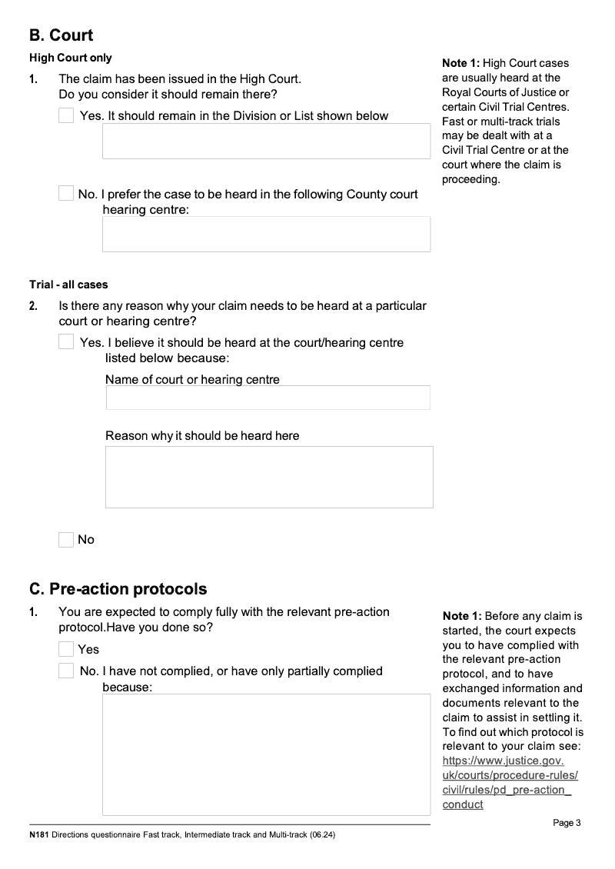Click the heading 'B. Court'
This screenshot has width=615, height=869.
[x=61, y=35]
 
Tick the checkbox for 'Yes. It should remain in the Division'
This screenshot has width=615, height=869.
[x=66, y=115]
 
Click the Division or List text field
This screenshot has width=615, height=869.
[x=266, y=142]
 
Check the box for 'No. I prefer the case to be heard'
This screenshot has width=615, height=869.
[x=66, y=194]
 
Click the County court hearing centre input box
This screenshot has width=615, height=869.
[x=266, y=234]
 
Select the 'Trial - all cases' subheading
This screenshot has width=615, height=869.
[x=68, y=285]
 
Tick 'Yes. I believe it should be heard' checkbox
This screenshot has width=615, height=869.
[x=66, y=342]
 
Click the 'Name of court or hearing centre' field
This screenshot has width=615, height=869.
[x=268, y=398]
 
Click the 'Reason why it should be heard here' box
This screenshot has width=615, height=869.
[x=269, y=477]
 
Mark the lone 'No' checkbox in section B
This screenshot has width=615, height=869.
[x=66, y=540]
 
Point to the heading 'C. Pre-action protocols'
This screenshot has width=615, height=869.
[x=118, y=589]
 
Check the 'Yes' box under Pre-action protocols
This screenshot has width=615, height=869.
[x=66, y=649]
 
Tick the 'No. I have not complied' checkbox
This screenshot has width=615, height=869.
[x=66, y=671]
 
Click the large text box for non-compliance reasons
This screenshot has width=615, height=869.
[x=266, y=754]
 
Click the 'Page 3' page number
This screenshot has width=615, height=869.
[x=567, y=823]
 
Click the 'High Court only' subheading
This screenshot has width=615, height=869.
[x=71, y=58]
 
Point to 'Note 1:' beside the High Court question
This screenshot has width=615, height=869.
[x=461, y=63]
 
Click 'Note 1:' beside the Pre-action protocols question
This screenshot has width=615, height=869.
[x=461, y=616]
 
